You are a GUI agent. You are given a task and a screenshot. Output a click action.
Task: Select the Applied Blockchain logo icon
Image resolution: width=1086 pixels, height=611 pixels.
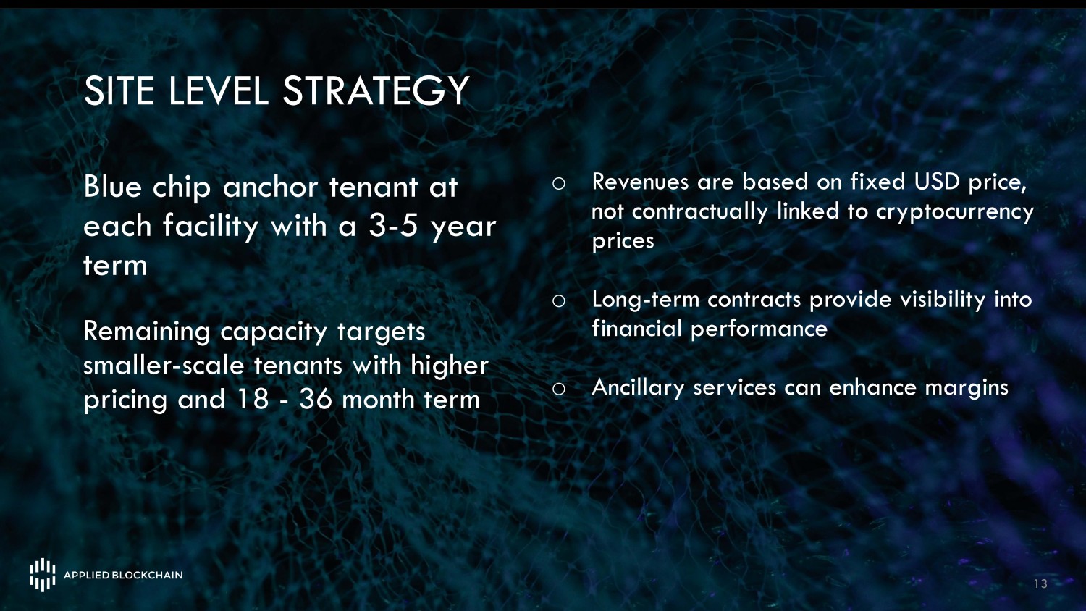tap(43, 575)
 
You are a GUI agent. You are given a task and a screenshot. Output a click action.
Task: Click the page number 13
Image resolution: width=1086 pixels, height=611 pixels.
tap(1040, 583)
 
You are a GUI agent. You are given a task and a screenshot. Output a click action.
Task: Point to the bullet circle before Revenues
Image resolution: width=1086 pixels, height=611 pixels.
tap(558, 183)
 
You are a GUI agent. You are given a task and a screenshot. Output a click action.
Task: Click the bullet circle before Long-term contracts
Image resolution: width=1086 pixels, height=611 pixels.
tap(558, 300)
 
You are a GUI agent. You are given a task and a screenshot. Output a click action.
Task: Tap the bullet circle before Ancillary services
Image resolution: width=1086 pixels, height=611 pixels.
tap(558, 389)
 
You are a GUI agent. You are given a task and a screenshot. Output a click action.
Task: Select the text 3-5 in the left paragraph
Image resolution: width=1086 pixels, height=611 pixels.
tap(392, 226)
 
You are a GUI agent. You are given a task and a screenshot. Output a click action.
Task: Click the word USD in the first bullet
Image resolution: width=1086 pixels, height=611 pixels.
tap(937, 182)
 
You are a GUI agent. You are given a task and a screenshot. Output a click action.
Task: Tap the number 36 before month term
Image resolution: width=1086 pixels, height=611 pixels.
tap(316, 400)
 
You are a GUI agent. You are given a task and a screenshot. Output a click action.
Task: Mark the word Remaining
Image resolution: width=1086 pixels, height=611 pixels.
tap(147, 333)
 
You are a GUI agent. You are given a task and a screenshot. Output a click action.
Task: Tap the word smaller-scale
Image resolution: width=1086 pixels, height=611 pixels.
tap(164, 366)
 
